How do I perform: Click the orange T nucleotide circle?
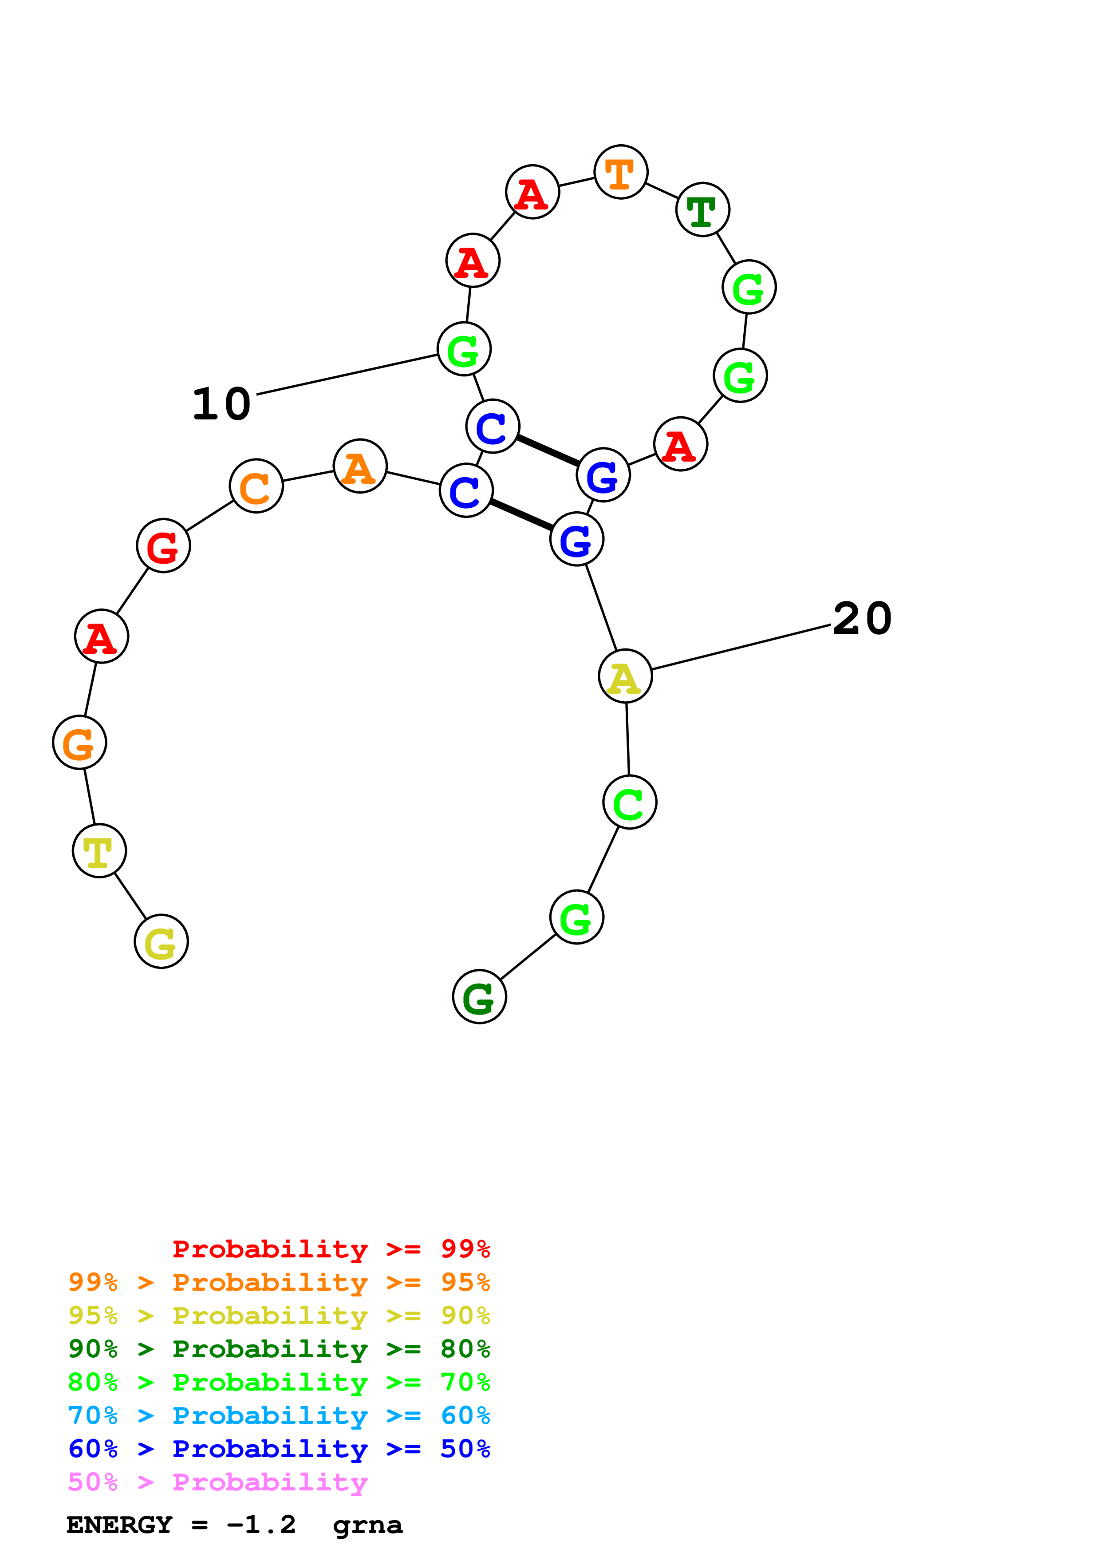(620, 172)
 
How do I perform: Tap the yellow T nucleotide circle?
(99, 850)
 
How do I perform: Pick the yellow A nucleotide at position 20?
(625, 676)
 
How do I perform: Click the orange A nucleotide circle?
(360, 466)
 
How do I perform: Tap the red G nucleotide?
(163, 546)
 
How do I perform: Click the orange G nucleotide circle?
(79, 743)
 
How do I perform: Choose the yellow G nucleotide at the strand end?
(162, 941)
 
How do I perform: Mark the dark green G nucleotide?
(479, 997)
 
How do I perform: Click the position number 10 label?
(221, 404)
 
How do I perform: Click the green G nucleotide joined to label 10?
(464, 350)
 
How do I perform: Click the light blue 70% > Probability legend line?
(279, 1415)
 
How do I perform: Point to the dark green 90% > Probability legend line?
(279, 1349)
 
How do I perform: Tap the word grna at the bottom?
(367, 1525)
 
